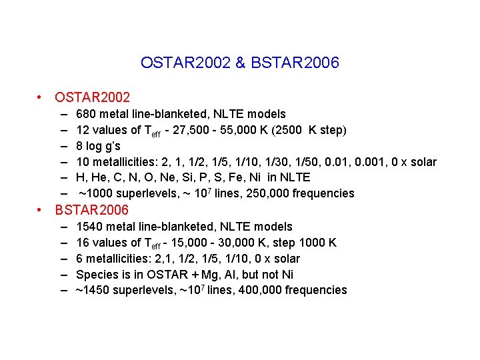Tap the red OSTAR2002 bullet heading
pos(93,98)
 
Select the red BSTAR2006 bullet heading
pos(93,211)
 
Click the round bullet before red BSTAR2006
pos(41,211)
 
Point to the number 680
pos(87,114)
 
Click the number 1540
pos(90,227)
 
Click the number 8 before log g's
pos(80,146)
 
